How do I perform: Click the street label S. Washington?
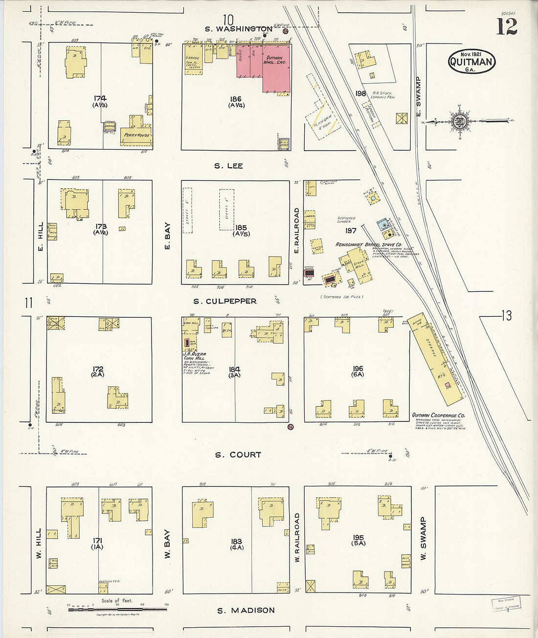238,29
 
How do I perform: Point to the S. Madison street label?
246,610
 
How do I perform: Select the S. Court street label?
238,455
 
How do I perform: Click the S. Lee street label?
228,166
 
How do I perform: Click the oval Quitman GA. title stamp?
471,62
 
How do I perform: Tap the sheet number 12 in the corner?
507,27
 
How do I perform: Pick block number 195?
358,538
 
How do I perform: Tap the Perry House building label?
136,135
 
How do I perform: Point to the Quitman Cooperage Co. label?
438,415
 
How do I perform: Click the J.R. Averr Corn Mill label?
195,356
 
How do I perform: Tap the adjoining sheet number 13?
506,316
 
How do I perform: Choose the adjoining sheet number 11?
28,303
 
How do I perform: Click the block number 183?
236,541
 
